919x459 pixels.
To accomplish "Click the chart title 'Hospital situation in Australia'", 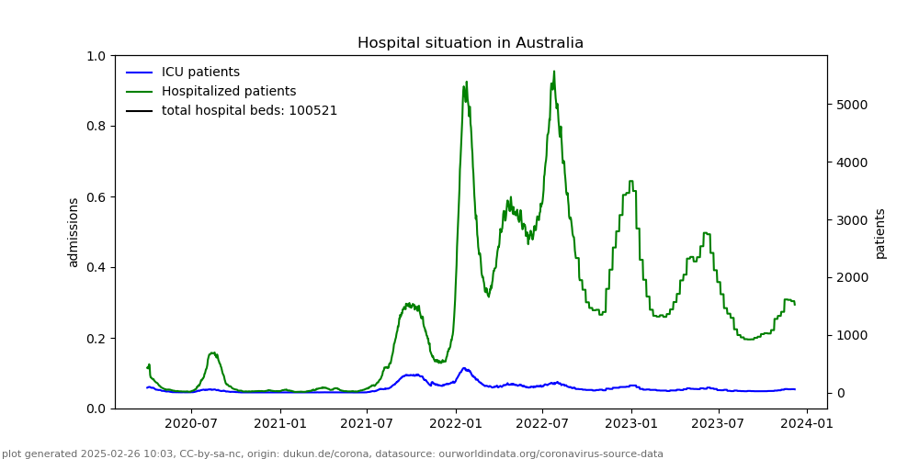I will click(470, 43).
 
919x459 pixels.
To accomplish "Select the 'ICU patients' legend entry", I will click(200, 73).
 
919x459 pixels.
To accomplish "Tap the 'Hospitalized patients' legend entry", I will click(229, 92).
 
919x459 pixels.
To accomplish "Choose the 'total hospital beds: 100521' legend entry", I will click(249, 111).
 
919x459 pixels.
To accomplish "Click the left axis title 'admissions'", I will click(74, 232).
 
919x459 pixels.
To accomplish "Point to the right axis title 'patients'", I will click(880, 233).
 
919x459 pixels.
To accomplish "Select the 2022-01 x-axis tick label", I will click(456, 423).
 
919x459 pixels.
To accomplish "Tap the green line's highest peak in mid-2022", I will click(554, 72).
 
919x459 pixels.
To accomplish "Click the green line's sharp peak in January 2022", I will click(466, 82).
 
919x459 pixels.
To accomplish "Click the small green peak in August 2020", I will click(213, 353).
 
